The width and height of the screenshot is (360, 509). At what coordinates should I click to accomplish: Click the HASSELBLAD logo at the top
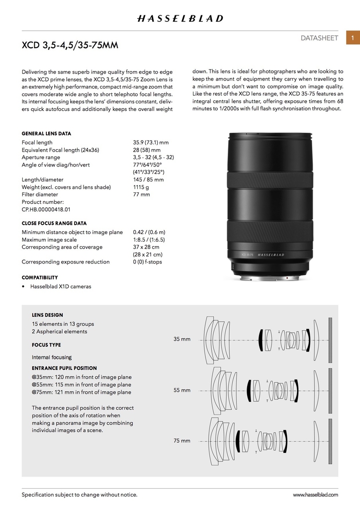pos(180,18)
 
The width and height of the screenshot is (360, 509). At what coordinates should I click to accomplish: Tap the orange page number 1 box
pos(353,38)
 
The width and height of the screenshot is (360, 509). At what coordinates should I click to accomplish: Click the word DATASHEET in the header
pos(319,38)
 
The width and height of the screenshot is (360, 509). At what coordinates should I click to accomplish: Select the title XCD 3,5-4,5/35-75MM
pos(70,46)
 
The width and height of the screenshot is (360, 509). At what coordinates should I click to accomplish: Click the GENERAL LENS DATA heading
pos(46,134)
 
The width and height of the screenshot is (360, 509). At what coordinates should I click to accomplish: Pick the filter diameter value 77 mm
pos(141,194)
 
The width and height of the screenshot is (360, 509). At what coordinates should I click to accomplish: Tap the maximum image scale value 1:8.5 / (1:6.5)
pos(149,240)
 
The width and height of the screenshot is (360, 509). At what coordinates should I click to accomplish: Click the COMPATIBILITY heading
pos(40,277)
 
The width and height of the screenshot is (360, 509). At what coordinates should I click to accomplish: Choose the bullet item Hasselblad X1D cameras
pos(61,286)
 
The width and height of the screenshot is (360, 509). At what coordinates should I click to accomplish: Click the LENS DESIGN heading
pos(47,315)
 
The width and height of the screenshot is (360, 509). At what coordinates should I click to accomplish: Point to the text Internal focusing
pos(52,357)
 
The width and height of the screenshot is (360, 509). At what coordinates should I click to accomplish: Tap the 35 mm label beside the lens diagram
pos(181,339)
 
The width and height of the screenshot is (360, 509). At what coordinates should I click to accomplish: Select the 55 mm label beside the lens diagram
pos(181,390)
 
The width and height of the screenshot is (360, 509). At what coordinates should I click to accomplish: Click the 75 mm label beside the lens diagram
pos(181,440)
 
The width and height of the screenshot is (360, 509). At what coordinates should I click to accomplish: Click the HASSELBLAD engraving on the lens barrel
pos(270,254)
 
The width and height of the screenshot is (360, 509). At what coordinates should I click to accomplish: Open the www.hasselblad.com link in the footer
pos(315,495)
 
